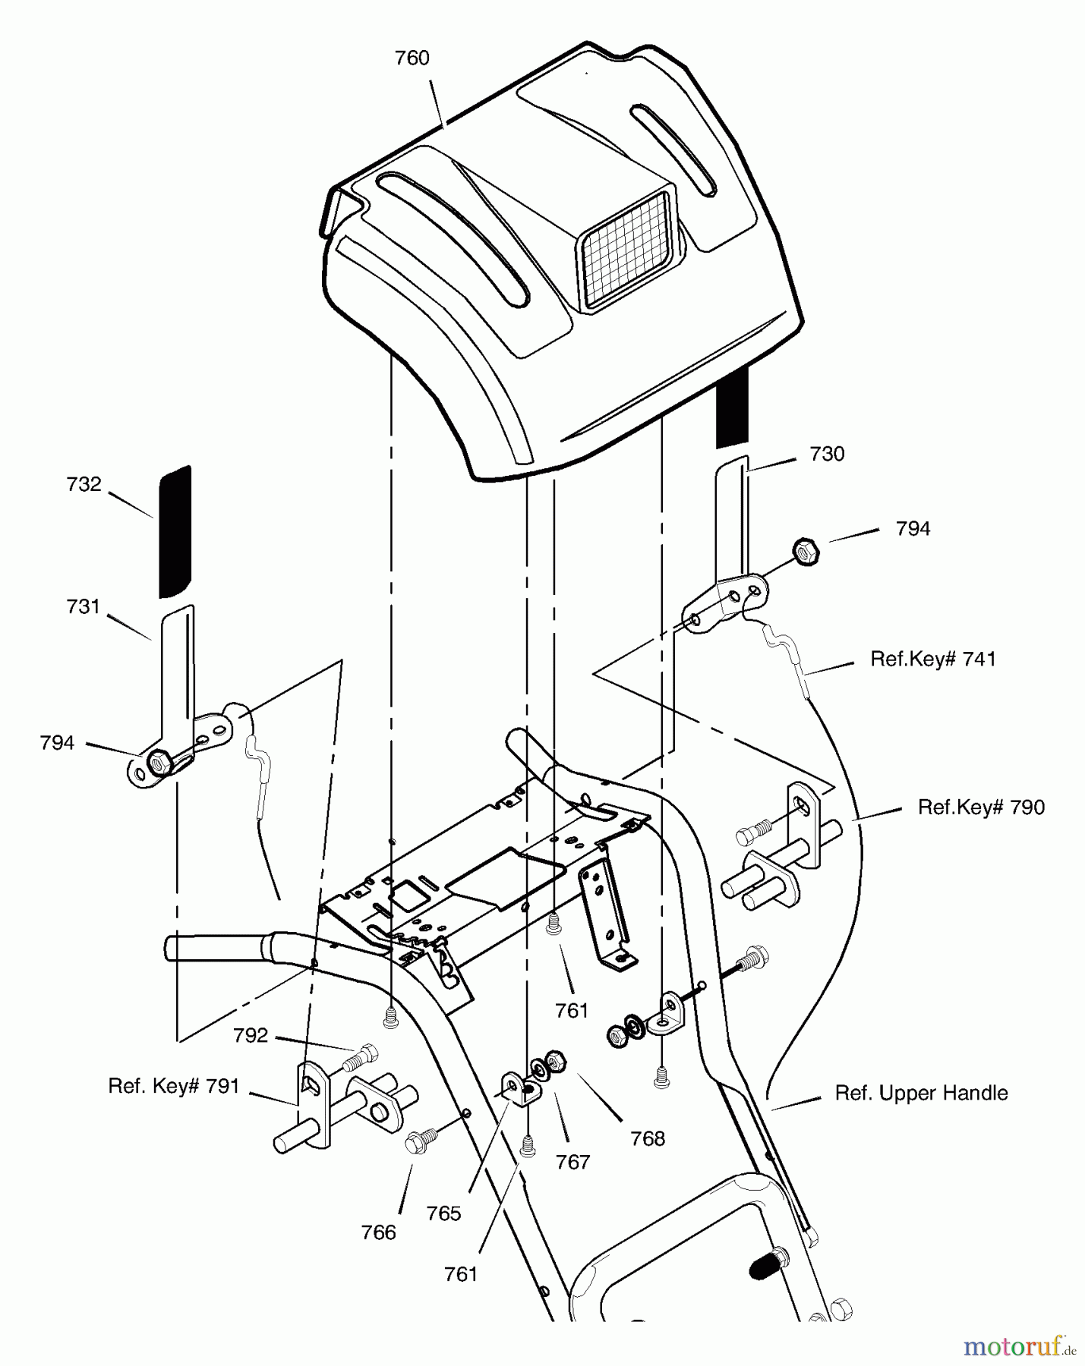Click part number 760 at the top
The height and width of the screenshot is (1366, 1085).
point(412,58)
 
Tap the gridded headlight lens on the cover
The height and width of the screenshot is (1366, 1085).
point(626,250)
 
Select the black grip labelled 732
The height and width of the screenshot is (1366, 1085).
point(175,531)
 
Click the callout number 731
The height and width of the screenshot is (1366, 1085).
point(84,606)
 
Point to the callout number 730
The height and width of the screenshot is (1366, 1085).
point(827,454)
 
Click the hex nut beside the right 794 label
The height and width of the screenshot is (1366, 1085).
point(806,550)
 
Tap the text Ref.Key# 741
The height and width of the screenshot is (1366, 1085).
point(933,659)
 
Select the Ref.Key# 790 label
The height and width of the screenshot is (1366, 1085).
point(981,807)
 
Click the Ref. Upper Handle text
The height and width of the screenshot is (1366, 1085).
point(921,1093)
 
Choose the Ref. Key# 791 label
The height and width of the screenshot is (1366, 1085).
point(174,1086)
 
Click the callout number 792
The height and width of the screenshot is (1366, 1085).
point(251,1035)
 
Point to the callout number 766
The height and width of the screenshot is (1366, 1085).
point(379,1232)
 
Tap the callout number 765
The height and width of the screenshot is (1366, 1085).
point(444,1213)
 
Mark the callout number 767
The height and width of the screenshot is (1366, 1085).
point(572,1161)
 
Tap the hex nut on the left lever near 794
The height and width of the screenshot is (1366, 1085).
point(158,761)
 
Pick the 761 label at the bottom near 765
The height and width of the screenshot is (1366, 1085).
point(461,1273)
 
